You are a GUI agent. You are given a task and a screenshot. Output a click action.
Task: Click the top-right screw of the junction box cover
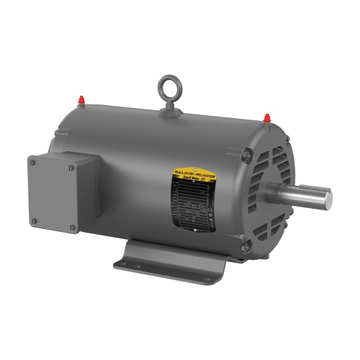tap(71, 168)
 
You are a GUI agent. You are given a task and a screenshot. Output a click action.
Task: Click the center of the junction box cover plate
tap(53, 195)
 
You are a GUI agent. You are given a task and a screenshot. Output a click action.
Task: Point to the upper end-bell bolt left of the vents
tap(246, 151)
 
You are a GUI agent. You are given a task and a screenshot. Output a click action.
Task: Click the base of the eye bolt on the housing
tap(170, 107)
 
